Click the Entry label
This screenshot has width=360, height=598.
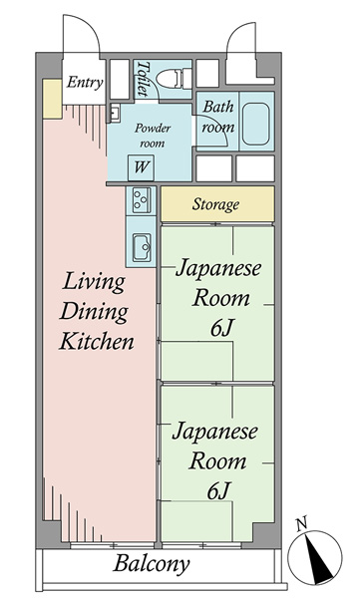click(x=85, y=83)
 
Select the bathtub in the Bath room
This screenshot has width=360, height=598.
click(x=255, y=119)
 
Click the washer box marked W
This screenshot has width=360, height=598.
click(x=141, y=167)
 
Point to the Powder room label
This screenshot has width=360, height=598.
click(x=152, y=136)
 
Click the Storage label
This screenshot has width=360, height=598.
click(x=215, y=204)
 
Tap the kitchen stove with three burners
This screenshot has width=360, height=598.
click(x=142, y=200)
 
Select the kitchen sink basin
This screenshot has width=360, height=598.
click(x=142, y=248)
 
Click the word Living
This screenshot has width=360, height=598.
click(x=94, y=282)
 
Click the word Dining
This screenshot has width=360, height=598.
click(x=94, y=312)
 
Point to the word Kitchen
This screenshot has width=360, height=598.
click(x=97, y=341)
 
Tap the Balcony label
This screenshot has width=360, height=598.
click(x=152, y=564)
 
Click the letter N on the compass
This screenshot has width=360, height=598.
click(x=302, y=524)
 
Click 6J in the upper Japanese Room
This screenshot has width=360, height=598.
click(x=221, y=327)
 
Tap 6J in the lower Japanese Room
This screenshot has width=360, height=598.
click(x=218, y=490)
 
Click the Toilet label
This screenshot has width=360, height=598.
click(x=144, y=78)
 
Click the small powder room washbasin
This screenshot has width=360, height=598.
click(x=114, y=113)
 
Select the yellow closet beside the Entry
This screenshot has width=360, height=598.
click(x=52, y=99)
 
